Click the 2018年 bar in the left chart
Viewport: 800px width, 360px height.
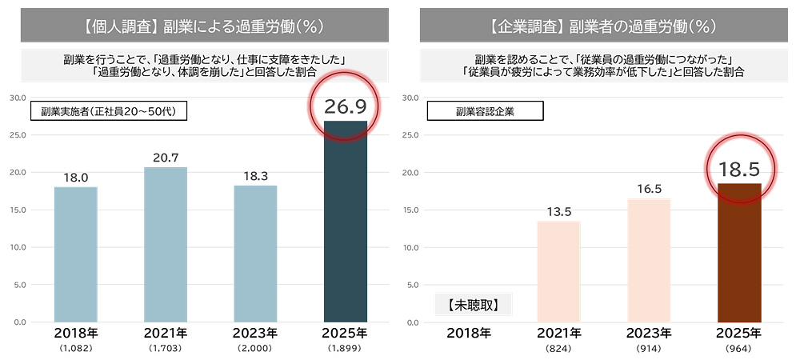tap(75, 254)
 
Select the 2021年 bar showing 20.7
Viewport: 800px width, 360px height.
tap(165, 244)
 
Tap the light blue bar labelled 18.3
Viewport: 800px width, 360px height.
tap(255, 254)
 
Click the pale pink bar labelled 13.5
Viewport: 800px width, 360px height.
tap(558, 271)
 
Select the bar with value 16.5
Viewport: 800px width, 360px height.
tap(649, 260)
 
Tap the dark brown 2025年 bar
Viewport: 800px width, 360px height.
tap(739, 253)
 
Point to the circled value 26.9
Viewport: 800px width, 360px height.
tap(345, 107)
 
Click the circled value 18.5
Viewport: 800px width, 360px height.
tap(739, 169)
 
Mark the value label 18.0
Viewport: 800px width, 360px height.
tap(75, 178)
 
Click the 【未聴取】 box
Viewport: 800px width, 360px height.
tap(474, 304)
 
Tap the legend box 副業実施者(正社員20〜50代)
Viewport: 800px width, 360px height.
tap(109, 111)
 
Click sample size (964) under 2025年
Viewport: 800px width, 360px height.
tap(739, 350)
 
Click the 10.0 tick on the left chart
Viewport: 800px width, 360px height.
tap(18, 247)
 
